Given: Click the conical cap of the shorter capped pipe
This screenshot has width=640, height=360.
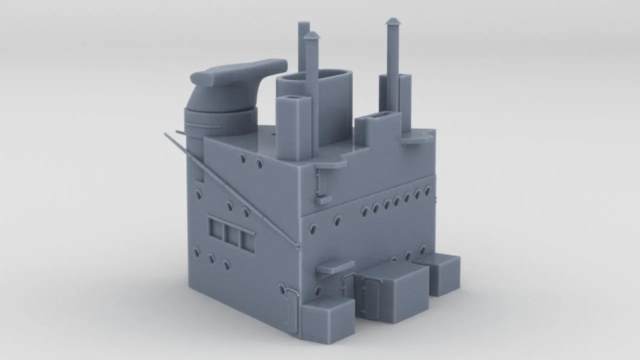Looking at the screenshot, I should (311, 35).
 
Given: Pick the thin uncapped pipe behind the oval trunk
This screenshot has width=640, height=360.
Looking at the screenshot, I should (303, 45).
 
